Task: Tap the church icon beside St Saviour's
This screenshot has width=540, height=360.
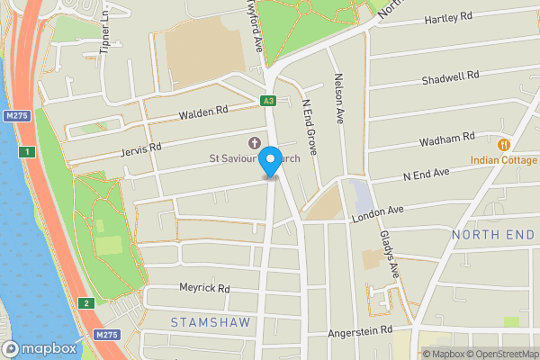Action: tap(253, 143)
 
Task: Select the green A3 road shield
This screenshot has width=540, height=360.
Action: tap(268, 101)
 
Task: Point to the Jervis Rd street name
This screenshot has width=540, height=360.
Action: tap(142, 147)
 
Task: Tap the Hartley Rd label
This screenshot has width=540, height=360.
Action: tap(448, 17)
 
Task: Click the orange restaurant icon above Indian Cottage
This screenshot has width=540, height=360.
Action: tap(503, 144)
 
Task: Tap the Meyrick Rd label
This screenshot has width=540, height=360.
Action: tap(206, 289)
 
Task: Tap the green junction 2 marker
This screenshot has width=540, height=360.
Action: tap(85, 303)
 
